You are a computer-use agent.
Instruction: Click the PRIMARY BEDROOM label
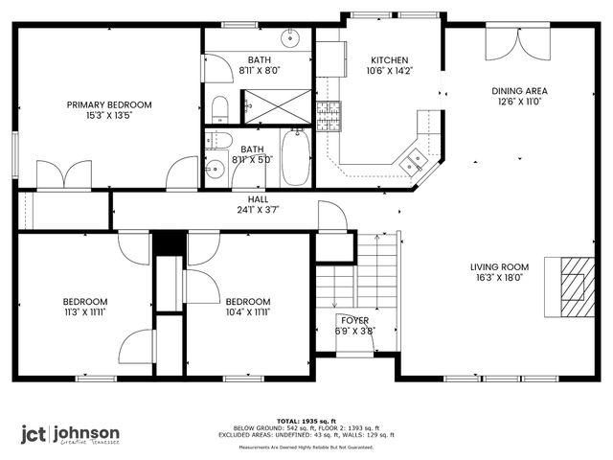[x=108, y=105]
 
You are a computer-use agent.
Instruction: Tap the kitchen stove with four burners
[x=329, y=116]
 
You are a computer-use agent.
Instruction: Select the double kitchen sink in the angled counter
[x=414, y=162]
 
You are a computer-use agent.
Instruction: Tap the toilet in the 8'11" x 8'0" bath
[x=219, y=106]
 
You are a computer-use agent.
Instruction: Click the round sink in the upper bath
[x=290, y=39]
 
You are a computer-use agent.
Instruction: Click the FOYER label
[x=354, y=320]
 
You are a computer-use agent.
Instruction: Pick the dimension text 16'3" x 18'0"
[x=499, y=279]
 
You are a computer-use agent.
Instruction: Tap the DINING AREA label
[x=519, y=91]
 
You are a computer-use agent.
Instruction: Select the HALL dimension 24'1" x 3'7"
[x=258, y=210]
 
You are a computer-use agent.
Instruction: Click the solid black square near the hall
[x=168, y=244]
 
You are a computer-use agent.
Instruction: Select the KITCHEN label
[x=390, y=59]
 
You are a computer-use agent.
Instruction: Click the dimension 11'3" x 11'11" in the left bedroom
[x=85, y=311]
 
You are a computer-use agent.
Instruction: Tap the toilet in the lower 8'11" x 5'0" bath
[x=213, y=169]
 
